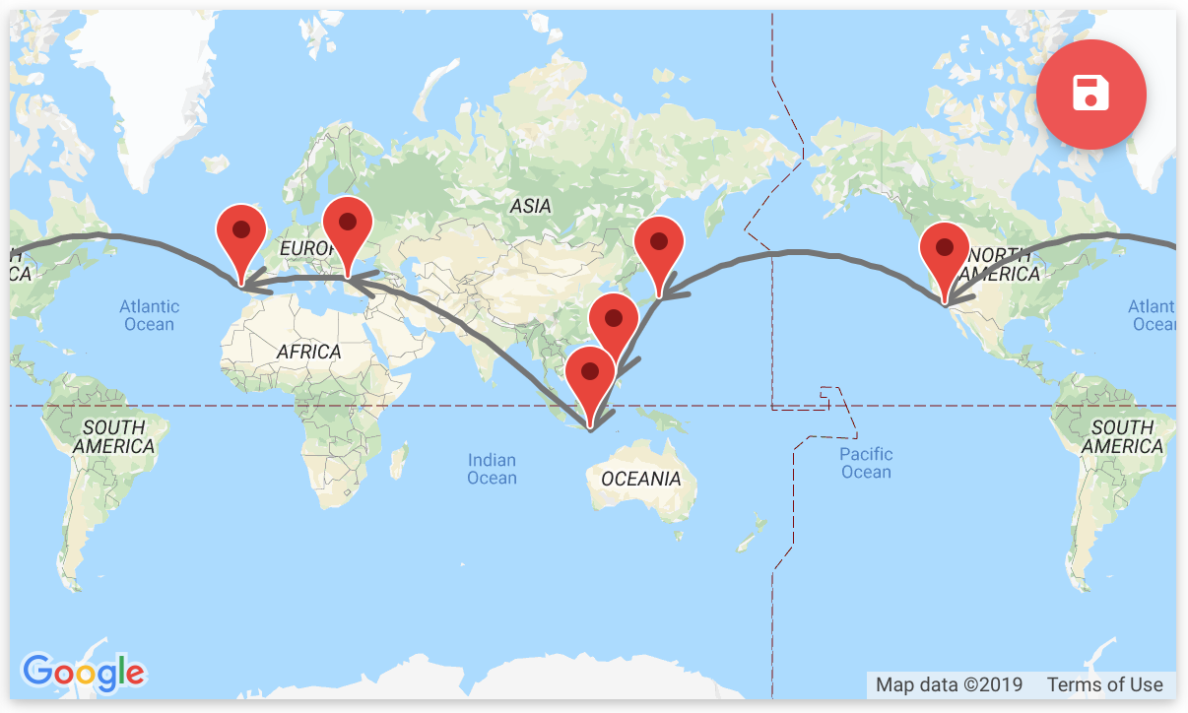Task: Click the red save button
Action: click(1091, 95)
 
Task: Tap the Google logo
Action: click(84, 673)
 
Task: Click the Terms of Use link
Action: click(1104, 684)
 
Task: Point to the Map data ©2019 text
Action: click(949, 684)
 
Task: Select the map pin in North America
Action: click(945, 251)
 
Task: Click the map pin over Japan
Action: click(660, 244)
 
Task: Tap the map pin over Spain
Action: click(241, 233)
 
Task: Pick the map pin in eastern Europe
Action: click(347, 226)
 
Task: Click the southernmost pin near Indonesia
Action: click(590, 375)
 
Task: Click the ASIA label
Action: click(530, 206)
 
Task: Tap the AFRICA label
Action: click(308, 352)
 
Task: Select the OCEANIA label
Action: click(641, 479)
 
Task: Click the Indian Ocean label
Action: click(492, 469)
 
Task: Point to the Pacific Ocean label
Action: click(866, 463)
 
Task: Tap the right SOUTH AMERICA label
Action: click(1122, 436)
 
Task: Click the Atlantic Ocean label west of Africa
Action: click(149, 315)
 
